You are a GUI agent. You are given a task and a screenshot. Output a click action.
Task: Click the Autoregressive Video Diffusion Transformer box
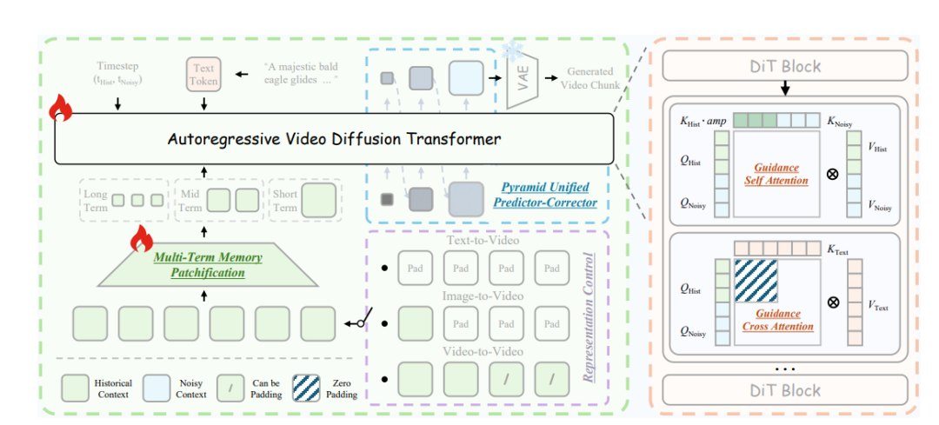coord(335,138)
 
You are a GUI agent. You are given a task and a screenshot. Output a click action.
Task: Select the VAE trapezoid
coord(523,78)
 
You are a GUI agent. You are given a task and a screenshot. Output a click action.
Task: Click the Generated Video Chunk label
coord(590,78)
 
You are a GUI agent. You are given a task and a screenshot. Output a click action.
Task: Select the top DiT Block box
coord(786,66)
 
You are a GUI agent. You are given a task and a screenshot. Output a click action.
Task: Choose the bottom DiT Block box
coord(786,390)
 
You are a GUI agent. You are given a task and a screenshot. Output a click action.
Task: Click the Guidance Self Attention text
coord(777,175)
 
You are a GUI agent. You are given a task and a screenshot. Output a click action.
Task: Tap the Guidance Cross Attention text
coord(777,321)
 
